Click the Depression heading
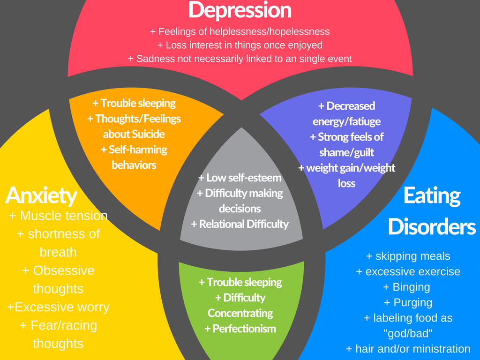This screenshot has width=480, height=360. (x=240, y=10)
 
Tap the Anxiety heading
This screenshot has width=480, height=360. (x=41, y=195)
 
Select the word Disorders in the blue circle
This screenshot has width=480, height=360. (x=432, y=227)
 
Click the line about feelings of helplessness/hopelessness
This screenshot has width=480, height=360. (x=240, y=32)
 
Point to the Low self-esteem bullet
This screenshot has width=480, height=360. (x=240, y=178)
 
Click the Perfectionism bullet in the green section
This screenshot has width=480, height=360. (x=240, y=329)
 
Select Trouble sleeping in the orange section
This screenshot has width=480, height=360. (x=134, y=103)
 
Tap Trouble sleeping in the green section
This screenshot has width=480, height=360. (x=240, y=282)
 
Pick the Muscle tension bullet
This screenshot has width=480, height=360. (x=58, y=216)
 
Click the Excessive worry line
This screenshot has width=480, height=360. (x=58, y=307)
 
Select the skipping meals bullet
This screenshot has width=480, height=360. (x=408, y=256)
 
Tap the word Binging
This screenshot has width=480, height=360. (x=411, y=287)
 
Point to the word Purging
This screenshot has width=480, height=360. (x=412, y=302)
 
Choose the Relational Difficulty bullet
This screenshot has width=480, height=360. (x=240, y=224)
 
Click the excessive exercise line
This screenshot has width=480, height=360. (x=408, y=272)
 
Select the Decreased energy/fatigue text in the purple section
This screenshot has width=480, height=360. (x=346, y=113)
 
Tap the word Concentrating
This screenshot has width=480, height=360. (x=240, y=313)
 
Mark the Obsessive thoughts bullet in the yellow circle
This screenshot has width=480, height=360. (x=58, y=279)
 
